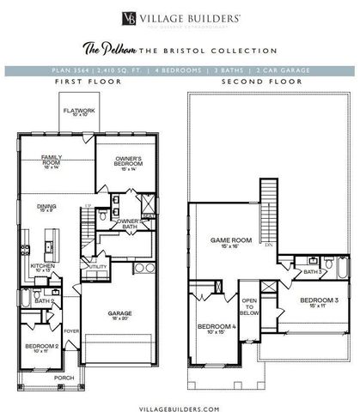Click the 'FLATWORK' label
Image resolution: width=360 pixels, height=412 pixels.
click(77, 112)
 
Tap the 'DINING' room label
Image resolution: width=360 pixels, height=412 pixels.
click(46, 207)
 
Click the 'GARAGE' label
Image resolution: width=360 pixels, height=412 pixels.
click(119, 314)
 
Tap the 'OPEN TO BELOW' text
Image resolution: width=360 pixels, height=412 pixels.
click(249, 306)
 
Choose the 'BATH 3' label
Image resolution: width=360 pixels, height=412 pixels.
click(312, 272)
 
